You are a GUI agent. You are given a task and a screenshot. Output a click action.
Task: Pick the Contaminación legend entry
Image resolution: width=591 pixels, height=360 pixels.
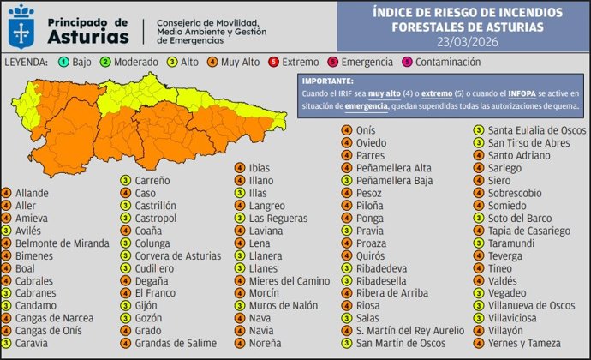(436, 63)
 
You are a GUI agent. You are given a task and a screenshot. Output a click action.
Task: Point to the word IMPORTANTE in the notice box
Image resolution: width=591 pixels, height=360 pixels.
(326, 79)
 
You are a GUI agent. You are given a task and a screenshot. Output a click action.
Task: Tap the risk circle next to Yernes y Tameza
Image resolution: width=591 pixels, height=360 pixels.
(480, 343)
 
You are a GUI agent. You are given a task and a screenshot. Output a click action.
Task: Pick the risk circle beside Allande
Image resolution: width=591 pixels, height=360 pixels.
(7, 193)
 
